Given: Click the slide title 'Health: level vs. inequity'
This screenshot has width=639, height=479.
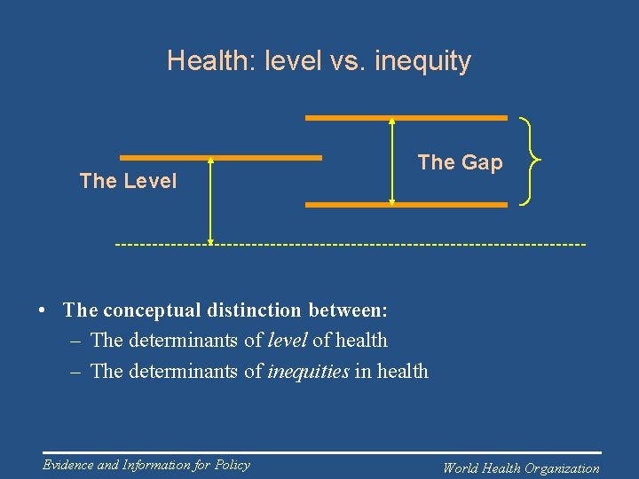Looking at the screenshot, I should [x=319, y=61].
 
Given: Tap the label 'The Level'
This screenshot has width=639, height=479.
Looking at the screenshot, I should [x=128, y=181].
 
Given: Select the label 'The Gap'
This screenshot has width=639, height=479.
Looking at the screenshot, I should [x=460, y=162].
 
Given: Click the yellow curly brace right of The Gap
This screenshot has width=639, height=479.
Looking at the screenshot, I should [x=530, y=161].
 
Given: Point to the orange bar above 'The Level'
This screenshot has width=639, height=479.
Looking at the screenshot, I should [x=220, y=158].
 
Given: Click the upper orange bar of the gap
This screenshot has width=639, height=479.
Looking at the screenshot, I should [x=406, y=117].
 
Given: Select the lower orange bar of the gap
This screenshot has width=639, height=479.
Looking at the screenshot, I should [x=406, y=205].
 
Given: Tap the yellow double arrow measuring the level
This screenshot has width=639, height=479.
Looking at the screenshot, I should [x=210, y=200].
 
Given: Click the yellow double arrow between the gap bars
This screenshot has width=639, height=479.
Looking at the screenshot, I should [x=391, y=161].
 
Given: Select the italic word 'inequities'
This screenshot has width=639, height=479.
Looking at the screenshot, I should [x=308, y=372].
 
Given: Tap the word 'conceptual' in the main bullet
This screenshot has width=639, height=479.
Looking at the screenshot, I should [x=145, y=310].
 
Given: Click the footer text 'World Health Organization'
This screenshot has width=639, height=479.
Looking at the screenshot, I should [x=521, y=468].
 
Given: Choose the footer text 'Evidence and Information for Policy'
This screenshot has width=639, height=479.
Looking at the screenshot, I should [x=146, y=465].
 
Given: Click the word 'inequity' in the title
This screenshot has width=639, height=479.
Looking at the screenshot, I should [x=422, y=61].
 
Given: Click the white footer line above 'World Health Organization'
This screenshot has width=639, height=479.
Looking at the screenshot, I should [x=521, y=453].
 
